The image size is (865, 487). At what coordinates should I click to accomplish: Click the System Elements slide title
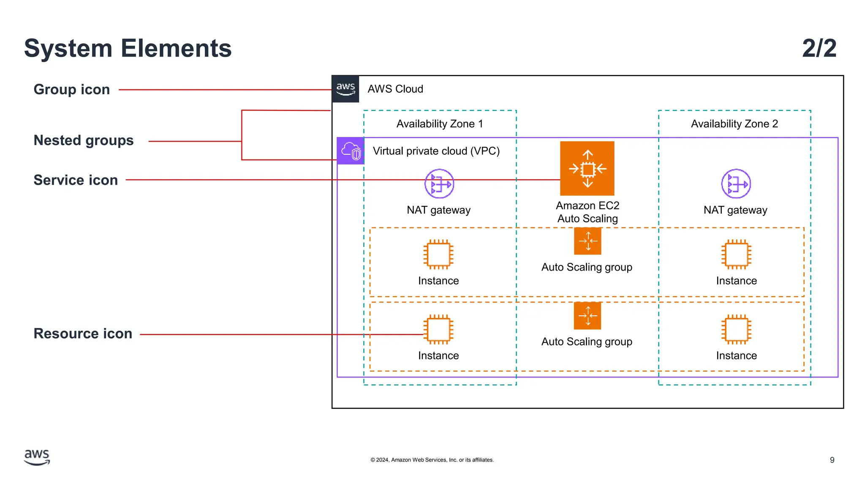128,48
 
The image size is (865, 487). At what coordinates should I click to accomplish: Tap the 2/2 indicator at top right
819,48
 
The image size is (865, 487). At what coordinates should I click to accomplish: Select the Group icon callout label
72,90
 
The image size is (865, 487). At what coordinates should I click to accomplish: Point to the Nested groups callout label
84,140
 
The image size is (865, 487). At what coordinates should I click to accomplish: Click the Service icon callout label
76,180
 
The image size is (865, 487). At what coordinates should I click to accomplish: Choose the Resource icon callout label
83,334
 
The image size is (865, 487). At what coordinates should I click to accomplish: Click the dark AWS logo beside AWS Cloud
345,89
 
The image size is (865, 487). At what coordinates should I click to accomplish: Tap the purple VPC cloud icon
351,151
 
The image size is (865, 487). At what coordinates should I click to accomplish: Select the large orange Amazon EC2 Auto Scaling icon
587,168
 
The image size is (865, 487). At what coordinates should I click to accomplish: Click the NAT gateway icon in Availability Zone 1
439,184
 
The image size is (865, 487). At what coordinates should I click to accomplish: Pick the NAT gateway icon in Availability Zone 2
736,184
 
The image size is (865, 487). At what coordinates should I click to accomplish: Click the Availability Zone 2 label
734,124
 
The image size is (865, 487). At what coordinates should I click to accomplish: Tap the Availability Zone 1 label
439,124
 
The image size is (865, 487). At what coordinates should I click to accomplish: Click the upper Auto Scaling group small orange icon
588,241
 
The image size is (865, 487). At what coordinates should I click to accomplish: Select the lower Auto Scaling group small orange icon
588,316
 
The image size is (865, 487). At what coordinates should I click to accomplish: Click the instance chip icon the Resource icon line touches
438,329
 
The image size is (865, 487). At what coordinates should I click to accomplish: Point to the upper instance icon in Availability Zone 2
736,254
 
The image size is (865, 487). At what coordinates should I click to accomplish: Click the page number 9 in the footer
832,460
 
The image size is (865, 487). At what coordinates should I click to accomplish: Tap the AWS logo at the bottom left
37,457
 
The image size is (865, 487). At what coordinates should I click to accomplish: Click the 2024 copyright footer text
432,460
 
